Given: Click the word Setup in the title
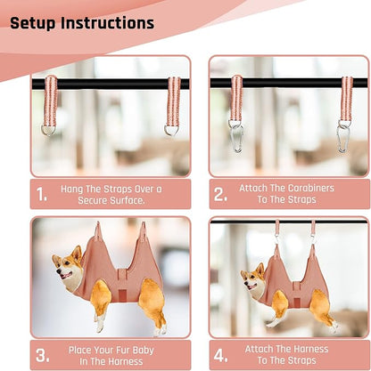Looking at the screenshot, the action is tap(33, 23).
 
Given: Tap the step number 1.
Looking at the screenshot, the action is tap(41, 195).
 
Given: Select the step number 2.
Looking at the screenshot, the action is tap(220, 194).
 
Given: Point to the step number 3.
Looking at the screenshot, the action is tap(42, 355).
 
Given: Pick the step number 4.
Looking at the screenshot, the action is tap(220, 355).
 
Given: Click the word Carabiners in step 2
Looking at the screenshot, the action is tap(311, 188).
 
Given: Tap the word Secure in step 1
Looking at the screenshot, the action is tap(93, 200).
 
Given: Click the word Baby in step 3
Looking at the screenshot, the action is tap(144, 351).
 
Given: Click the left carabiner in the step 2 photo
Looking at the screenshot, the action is tap(236, 137).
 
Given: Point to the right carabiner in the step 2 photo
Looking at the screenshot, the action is tap(342, 138).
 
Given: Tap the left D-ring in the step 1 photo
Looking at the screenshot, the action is tap(48, 130).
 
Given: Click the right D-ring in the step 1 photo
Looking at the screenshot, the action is tap(171, 131).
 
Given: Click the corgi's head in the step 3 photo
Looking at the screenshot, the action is tap(67, 264).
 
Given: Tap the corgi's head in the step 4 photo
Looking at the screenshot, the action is tap(252, 278).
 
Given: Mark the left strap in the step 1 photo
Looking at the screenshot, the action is tap(50, 101).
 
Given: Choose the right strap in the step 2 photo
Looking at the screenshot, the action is tap(346, 99).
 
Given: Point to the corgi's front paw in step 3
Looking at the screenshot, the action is tap(99, 326).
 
